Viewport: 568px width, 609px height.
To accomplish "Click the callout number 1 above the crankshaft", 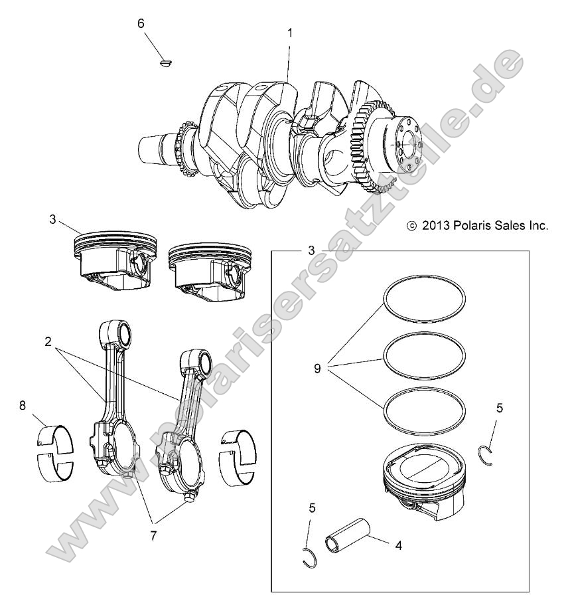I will coord(289,32).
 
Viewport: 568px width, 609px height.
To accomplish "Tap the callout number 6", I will coord(140,23).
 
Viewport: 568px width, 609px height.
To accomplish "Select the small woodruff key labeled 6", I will coord(166,63).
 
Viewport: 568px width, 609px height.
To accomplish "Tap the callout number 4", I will coord(398,546).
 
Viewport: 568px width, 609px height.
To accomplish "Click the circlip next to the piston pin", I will coord(307,559).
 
